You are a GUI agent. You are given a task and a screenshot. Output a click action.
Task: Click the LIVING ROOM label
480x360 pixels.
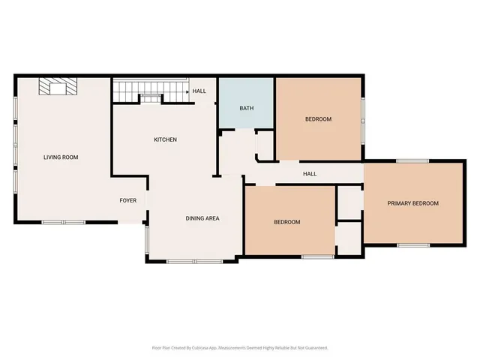click(x=61, y=157)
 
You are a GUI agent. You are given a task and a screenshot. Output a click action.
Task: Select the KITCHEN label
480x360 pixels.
click(x=165, y=139)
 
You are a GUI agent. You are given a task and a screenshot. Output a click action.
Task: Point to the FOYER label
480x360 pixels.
click(x=127, y=200)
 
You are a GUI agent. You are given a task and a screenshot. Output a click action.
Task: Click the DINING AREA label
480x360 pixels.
click(x=202, y=218)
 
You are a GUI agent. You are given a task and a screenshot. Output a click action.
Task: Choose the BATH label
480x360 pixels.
click(x=246, y=108)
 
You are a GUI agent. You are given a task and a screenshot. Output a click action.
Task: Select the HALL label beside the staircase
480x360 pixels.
click(x=199, y=91)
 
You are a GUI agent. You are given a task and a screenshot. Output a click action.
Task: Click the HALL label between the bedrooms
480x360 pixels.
click(x=310, y=174)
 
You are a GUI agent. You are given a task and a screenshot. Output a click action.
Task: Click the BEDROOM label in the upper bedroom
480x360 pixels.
click(x=318, y=119)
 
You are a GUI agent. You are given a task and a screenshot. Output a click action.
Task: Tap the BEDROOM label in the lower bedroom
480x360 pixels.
click(x=286, y=222)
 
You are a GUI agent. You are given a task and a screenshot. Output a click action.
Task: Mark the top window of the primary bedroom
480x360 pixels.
click(x=412, y=160)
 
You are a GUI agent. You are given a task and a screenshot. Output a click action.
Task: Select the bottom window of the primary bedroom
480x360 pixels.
click(x=413, y=244)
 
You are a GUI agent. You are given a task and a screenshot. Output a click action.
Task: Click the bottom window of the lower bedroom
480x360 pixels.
click(x=317, y=256)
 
